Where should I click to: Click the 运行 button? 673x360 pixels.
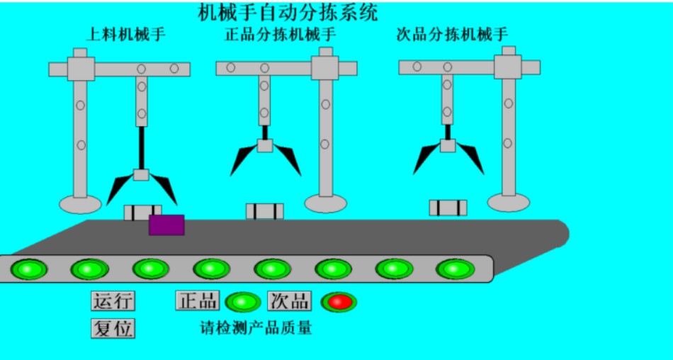click(x=113, y=300)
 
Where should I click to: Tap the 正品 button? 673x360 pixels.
click(x=198, y=300)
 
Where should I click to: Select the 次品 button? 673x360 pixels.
click(x=289, y=300)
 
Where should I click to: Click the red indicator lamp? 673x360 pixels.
click(x=339, y=302)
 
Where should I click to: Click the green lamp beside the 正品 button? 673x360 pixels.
click(x=243, y=302)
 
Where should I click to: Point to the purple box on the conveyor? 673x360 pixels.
click(x=166, y=225)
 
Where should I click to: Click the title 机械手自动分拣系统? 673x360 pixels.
click(x=288, y=12)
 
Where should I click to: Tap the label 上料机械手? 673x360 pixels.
click(x=126, y=34)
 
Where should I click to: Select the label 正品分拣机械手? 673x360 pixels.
click(x=280, y=34)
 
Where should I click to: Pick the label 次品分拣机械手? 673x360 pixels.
click(x=452, y=34)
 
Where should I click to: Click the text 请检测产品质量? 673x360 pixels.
click(x=256, y=327)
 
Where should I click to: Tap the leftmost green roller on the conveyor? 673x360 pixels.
click(x=28, y=269)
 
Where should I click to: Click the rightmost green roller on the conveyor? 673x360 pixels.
click(x=455, y=269)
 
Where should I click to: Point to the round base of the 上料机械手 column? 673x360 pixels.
click(x=80, y=204)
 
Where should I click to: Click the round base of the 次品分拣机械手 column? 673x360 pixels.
click(x=508, y=202)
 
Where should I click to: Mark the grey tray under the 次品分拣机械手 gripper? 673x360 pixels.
click(x=448, y=208)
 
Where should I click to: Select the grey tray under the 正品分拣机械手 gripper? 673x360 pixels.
click(x=264, y=211)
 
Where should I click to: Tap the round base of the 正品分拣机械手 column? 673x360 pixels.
click(x=325, y=203)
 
